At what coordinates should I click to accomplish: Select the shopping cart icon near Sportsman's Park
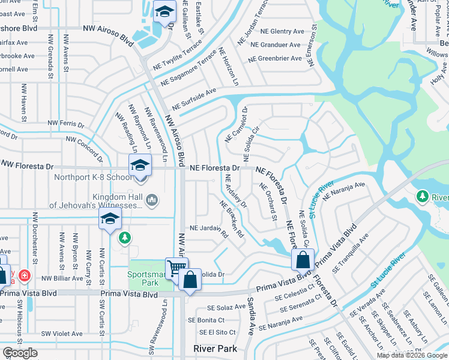(x=176, y=267)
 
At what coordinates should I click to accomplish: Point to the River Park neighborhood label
(x=215, y=349)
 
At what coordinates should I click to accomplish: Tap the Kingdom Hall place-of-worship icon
(x=152, y=199)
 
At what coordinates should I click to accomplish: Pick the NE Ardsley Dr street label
(x=235, y=191)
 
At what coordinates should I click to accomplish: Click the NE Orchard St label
(x=268, y=200)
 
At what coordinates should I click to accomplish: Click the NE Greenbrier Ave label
(x=275, y=58)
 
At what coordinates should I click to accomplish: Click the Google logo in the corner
(x=20, y=353)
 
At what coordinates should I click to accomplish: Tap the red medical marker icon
(x=24, y=276)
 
